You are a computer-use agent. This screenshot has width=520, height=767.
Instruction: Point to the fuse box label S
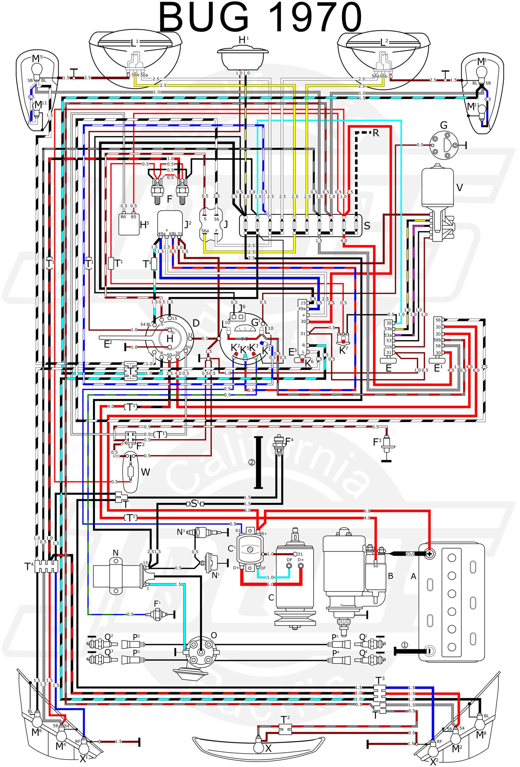click(367, 226)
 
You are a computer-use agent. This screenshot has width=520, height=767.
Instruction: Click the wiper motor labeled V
click(438, 195)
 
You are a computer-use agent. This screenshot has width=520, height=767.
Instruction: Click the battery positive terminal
click(429, 553)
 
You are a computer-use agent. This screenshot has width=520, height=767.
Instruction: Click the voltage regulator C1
click(250, 549)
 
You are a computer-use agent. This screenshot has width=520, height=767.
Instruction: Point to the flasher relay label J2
click(188, 225)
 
